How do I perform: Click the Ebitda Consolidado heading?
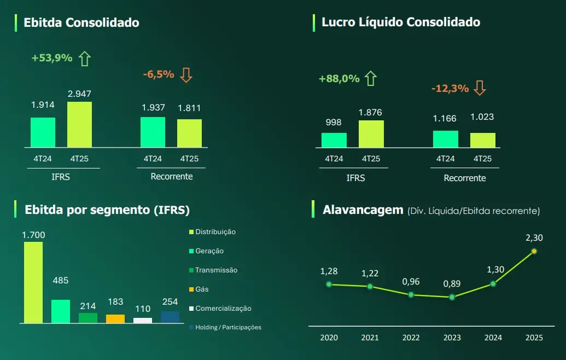tap(81, 22)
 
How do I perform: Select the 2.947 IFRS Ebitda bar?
tap(79, 124)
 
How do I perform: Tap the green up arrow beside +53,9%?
tap(84, 58)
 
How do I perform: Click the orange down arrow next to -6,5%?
tap(186, 75)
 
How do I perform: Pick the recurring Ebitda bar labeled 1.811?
tap(189, 133)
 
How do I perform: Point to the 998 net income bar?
tap(334, 140)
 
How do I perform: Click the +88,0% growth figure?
tap(339, 79)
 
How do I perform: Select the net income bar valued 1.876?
tap(371, 134)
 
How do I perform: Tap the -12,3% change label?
tap(450, 88)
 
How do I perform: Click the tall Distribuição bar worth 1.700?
tap(33, 282)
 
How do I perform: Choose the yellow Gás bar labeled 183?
tap(115, 318)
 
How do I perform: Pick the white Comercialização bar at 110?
tap(143, 320)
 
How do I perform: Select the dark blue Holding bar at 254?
tap(170, 317)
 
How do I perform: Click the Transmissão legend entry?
tap(216, 270)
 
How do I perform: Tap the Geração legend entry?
tap(209, 251)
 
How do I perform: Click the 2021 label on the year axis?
tap(370, 338)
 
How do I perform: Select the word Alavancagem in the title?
tap(363, 210)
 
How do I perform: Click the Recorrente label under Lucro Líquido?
tap(464, 178)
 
